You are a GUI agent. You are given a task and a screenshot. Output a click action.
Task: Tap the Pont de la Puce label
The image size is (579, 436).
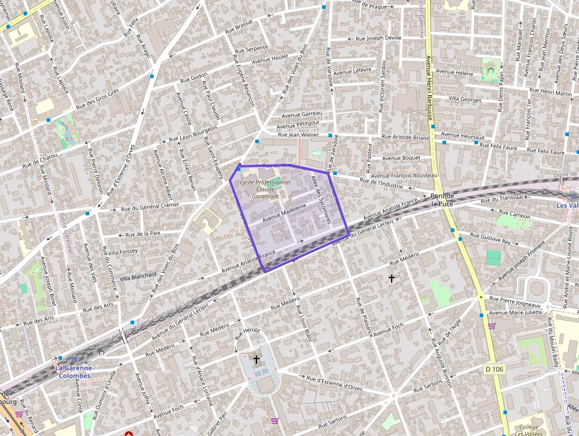tap(442, 200)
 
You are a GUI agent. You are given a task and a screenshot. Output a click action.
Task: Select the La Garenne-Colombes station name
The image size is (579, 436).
tap(73, 372)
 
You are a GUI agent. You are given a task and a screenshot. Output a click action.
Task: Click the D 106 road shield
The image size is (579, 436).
tap(495, 369)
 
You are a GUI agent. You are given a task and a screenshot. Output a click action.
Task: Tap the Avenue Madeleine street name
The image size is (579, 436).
tap(285, 214)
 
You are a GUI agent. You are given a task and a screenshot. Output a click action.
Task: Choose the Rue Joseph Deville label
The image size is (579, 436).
tap(379, 38)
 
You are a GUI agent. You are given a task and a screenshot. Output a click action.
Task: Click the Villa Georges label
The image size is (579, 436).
tap(465, 99)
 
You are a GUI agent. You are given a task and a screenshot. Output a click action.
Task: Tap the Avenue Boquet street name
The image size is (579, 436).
tap(401, 158)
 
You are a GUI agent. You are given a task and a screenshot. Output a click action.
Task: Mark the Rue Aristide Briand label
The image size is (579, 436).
tap(405, 137)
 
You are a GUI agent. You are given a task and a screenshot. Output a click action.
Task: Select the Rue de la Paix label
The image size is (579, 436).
tap(144, 233)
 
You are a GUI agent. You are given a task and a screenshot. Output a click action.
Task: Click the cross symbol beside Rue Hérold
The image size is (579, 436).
tap(256, 359)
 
